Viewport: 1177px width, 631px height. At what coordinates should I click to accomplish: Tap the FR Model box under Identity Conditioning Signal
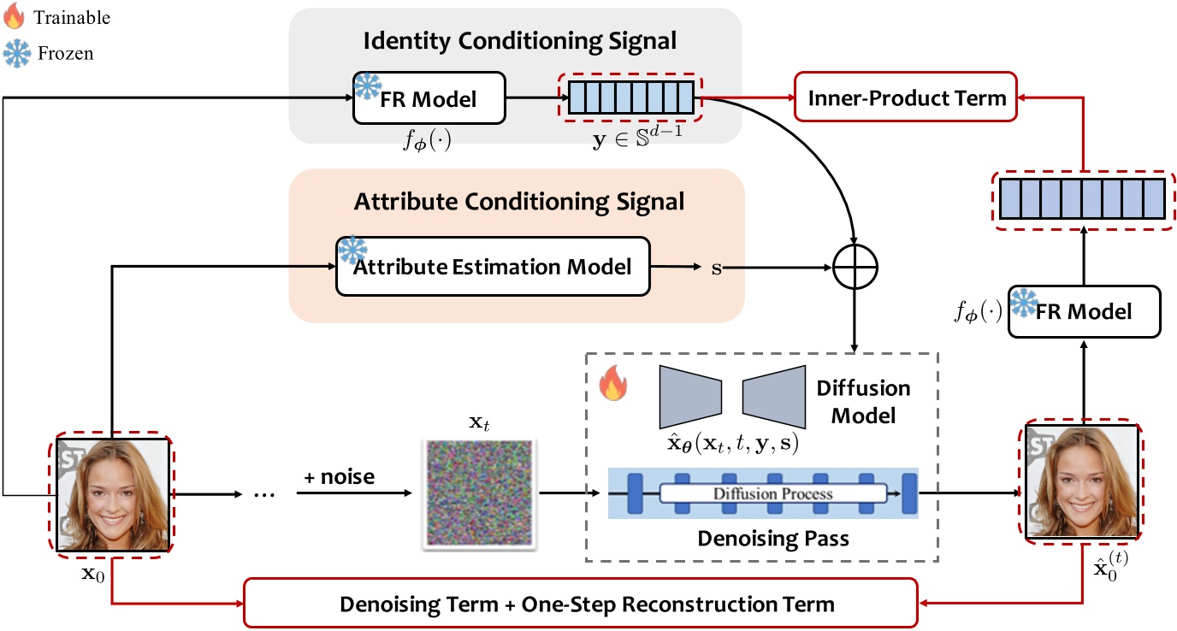pyautogui.click(x=429, y=99)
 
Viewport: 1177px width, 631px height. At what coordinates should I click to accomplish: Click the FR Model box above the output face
pyautogui.click(x=1085, y=310)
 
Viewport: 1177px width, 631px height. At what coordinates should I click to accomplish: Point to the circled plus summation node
pyautogui.click(x=855, y=268)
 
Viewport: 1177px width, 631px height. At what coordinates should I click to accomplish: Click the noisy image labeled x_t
pyautogui.click(x=478, y=492)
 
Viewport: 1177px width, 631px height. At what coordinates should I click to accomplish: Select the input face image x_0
pyautogui.click(x=112, y=494)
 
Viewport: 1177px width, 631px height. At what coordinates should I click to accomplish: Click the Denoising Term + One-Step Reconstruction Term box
pyautogui.click(x=587, y=604)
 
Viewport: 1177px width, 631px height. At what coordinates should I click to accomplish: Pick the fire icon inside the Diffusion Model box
pyautogui.click(x=612, y=385)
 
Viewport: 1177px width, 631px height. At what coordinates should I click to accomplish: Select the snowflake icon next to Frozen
pyautogui.click(x=17, y=53)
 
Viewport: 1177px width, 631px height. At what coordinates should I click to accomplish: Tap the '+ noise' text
pyautogui.click(x=340, y=476)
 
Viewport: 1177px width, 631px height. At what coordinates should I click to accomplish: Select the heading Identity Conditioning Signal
pyautogui.click(x=520, y=39)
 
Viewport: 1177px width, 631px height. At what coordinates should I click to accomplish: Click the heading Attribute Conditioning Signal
pyautogui.click(x=519, y=202)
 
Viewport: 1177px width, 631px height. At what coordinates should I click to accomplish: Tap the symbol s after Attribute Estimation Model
pyautogui.click(x=716, y=268)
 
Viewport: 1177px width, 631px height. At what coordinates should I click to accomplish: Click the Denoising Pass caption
pyautogui.click(x=761, y=540)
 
